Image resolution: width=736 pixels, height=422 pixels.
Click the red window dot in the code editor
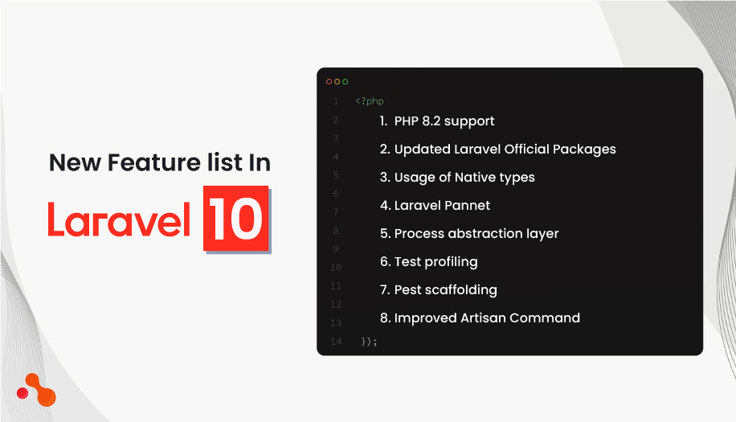pos(329,81)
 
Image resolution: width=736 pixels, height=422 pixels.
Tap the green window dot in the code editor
pos(346,81)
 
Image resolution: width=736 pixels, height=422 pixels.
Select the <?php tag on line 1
pos(370,101)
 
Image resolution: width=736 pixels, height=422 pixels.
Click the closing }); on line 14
pos(369,342)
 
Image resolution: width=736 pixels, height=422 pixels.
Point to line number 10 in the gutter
pos(336,268)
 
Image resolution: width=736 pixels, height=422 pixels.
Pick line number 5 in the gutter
pos(336,175)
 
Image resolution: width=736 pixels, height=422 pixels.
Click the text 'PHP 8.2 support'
pos(444,121)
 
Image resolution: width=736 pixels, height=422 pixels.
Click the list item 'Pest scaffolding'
pos(445,290)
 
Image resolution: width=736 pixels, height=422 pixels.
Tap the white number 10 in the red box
pos(235,218)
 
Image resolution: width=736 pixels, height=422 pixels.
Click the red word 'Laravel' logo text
pos(119,218)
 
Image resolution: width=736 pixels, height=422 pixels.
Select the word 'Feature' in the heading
pos(131,163)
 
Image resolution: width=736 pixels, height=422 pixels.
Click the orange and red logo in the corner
pos(37,390)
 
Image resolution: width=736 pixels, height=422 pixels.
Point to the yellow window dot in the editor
pos(337,81)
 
